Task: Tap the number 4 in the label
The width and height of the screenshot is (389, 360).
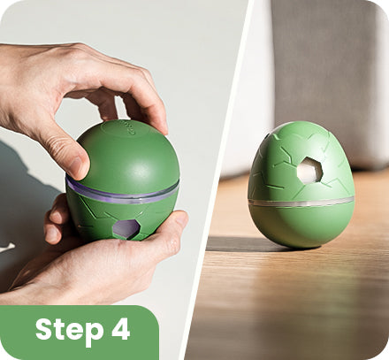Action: pos(121,328)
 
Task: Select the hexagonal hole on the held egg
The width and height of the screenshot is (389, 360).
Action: pos(126,228)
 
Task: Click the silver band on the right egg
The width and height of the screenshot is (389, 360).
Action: pos(301,203)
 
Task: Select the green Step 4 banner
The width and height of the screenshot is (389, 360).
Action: pos(79,333)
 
